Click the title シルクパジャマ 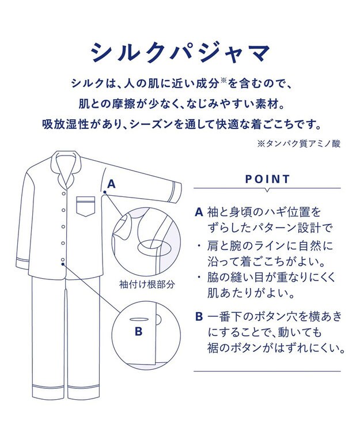click(x=180, y=53)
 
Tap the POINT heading click(x=267, y=179)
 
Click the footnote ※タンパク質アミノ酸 click(x=298, y=144)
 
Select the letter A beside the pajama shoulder click(x=112, y=184)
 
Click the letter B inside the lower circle click(x=138, y=331)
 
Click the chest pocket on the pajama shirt click(x=85, y=206)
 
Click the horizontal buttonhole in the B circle click(x=138, y=318)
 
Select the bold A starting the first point click(x=199, y=212)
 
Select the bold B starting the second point click(x=199, y=316)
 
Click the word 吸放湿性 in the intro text click(x=64, y=123)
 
